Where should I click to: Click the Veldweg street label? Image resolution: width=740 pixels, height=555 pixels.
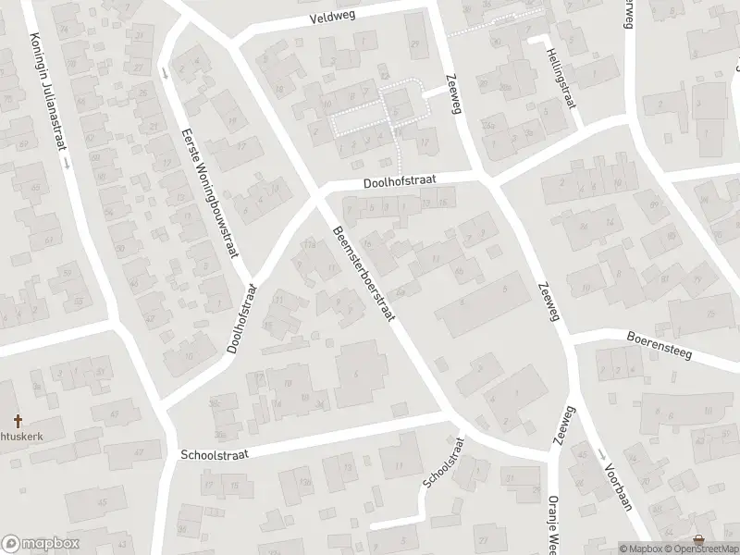[332, 18]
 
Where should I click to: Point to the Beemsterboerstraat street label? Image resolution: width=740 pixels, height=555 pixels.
[364, 274]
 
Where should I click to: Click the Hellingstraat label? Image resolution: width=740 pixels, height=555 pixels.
[561, 78]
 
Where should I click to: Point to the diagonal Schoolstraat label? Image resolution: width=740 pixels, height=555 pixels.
[442, 473]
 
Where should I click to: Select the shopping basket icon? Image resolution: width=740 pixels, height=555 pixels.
[697, 539]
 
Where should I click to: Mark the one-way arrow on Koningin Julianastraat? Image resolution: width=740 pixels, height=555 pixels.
[67, 161]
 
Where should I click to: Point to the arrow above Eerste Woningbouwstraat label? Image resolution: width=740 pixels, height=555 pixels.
[165, 72]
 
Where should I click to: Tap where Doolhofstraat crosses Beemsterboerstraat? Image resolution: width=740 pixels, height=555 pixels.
[319, 192]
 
